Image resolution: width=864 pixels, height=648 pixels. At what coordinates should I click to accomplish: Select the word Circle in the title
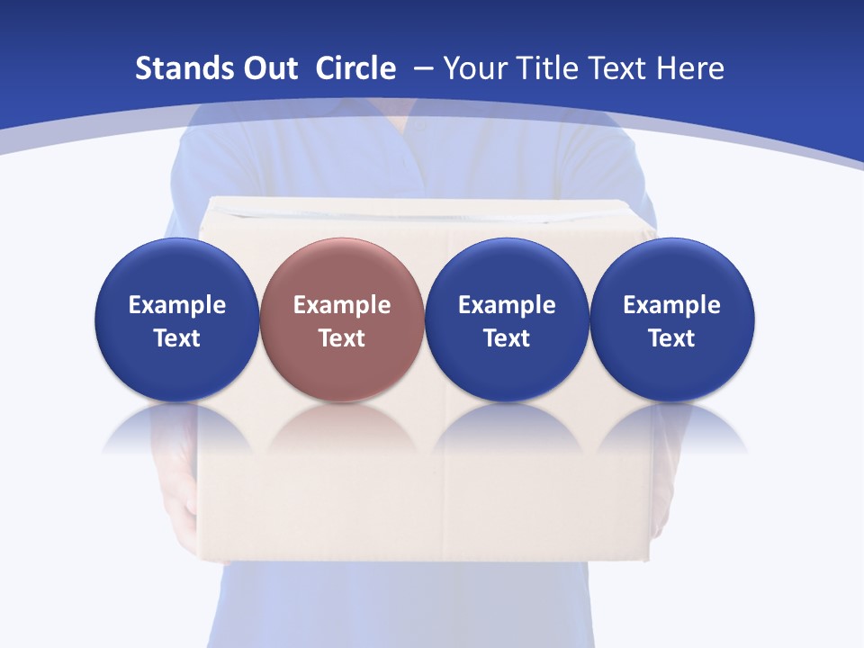(355, 68)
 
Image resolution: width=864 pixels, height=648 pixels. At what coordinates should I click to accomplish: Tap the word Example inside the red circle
(342, 305)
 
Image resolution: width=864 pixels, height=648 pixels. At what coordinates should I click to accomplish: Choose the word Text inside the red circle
(342, 338)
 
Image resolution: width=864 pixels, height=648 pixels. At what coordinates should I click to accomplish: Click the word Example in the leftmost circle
(177, 305)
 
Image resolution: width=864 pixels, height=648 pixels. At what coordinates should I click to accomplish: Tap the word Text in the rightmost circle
(671, 338)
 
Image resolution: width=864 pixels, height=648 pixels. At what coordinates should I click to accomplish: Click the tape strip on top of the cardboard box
(423, 212)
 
